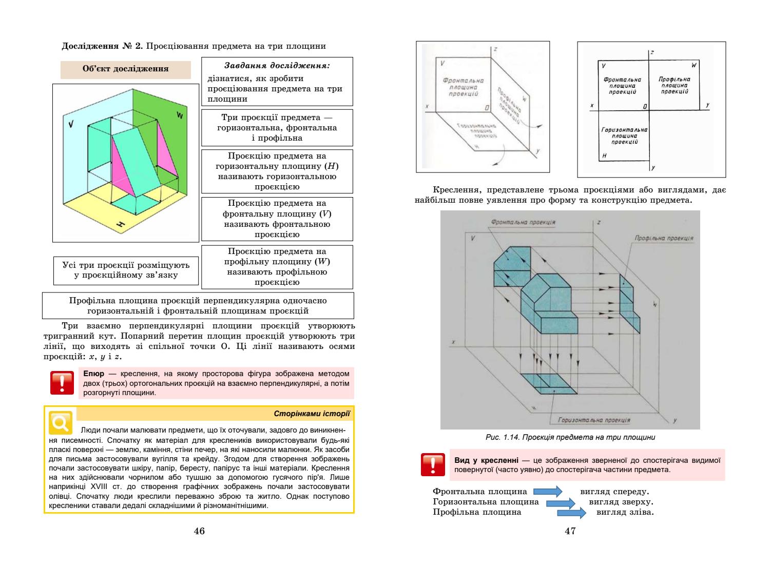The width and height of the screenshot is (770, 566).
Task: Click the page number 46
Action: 199,531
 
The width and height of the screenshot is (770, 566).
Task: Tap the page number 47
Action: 570,531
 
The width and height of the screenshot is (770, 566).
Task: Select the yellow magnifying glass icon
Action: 60,422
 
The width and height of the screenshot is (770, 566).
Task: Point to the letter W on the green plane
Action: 179,115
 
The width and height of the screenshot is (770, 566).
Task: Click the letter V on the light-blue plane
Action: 71,123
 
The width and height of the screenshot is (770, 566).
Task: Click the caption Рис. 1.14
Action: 570,437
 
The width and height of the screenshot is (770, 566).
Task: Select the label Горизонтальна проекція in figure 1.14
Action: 594,420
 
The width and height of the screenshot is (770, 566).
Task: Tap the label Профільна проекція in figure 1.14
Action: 663,238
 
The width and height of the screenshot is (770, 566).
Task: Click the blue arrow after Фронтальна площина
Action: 548,492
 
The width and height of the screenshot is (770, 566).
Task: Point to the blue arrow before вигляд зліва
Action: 571,512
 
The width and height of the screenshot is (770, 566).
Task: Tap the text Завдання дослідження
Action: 277,66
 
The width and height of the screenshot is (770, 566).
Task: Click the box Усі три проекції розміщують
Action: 126,270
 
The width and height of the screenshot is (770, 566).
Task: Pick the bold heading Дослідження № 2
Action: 102,46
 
